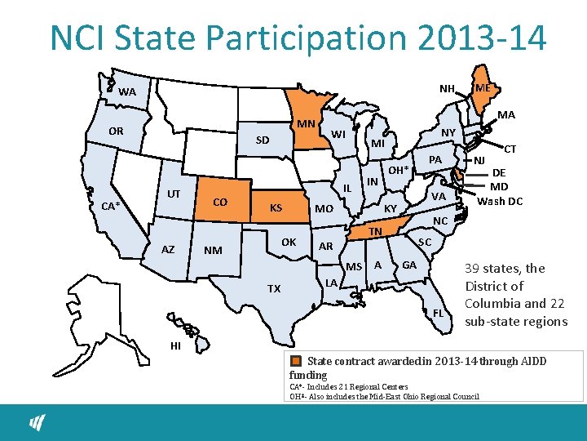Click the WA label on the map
pyautogui.click(x=126, y=92)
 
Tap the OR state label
pyautogui.click(x=116, y=131)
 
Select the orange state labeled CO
pyautogui.click(x=219, y=202)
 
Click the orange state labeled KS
pyautogui.click(x=276, y=208)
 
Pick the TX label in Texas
pyautogui.click(x=274, y=288)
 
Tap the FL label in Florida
pyautogui.click(x=438, y=313)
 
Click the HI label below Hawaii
pyautogui.click(x=175, y=345)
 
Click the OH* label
pyautogui.click(x=398, y=171)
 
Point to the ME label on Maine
pyautogui.click(x=483, y=87)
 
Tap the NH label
pyautogui.click(x=447, y=88)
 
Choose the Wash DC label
pyautogui.click(x=499, y=201)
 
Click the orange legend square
pyautogui.click(x=298, y=360)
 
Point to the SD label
pyautogui.click(x=261, y=140)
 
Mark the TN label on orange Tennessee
pyautogui.click(x=375, y=232)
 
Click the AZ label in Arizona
pyautogui.click(x=168, y=249)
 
